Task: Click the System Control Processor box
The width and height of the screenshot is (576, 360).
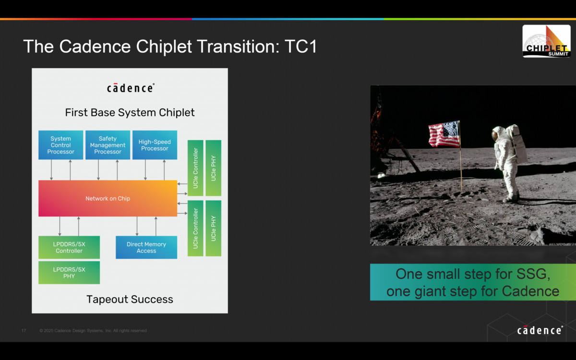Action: point(60,145)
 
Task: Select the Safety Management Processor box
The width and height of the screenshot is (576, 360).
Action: point(108,145)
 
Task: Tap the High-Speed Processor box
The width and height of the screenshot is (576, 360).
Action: point(155,145)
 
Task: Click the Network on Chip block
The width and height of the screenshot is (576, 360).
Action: point(108,198)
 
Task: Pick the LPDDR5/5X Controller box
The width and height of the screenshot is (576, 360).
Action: point(69,247)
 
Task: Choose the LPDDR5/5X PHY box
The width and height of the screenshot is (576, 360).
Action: point(69,273)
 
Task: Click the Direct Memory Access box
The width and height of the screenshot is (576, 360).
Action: point(146,247)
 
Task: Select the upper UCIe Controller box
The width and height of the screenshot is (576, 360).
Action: point(195,168)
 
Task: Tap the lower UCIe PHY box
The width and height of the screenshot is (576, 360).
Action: point(213,228)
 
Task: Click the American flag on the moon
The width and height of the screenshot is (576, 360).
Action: point(444,134)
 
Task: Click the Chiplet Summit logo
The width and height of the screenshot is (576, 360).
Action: point(546,41)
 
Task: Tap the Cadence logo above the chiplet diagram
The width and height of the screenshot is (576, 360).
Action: point(130,88)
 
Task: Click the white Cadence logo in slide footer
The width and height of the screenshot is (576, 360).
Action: point(540,330)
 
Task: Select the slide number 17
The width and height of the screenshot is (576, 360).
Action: point(24,331)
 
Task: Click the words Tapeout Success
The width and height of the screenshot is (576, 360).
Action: point(130,300)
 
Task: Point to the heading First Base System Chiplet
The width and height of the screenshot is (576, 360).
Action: point(130,113)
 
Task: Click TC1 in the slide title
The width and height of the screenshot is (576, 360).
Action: point(300,47)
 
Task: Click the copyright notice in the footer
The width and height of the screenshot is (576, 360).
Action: point(94,331)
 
